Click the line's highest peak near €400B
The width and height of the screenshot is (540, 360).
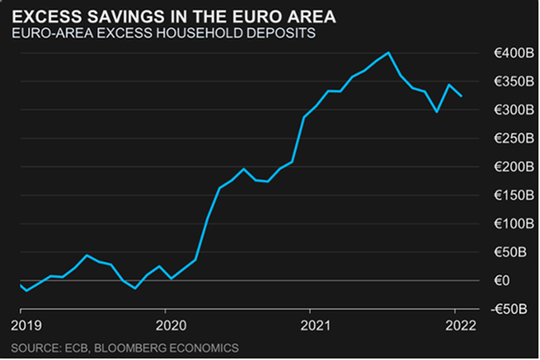pyautogui.click(x=388, y=52)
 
